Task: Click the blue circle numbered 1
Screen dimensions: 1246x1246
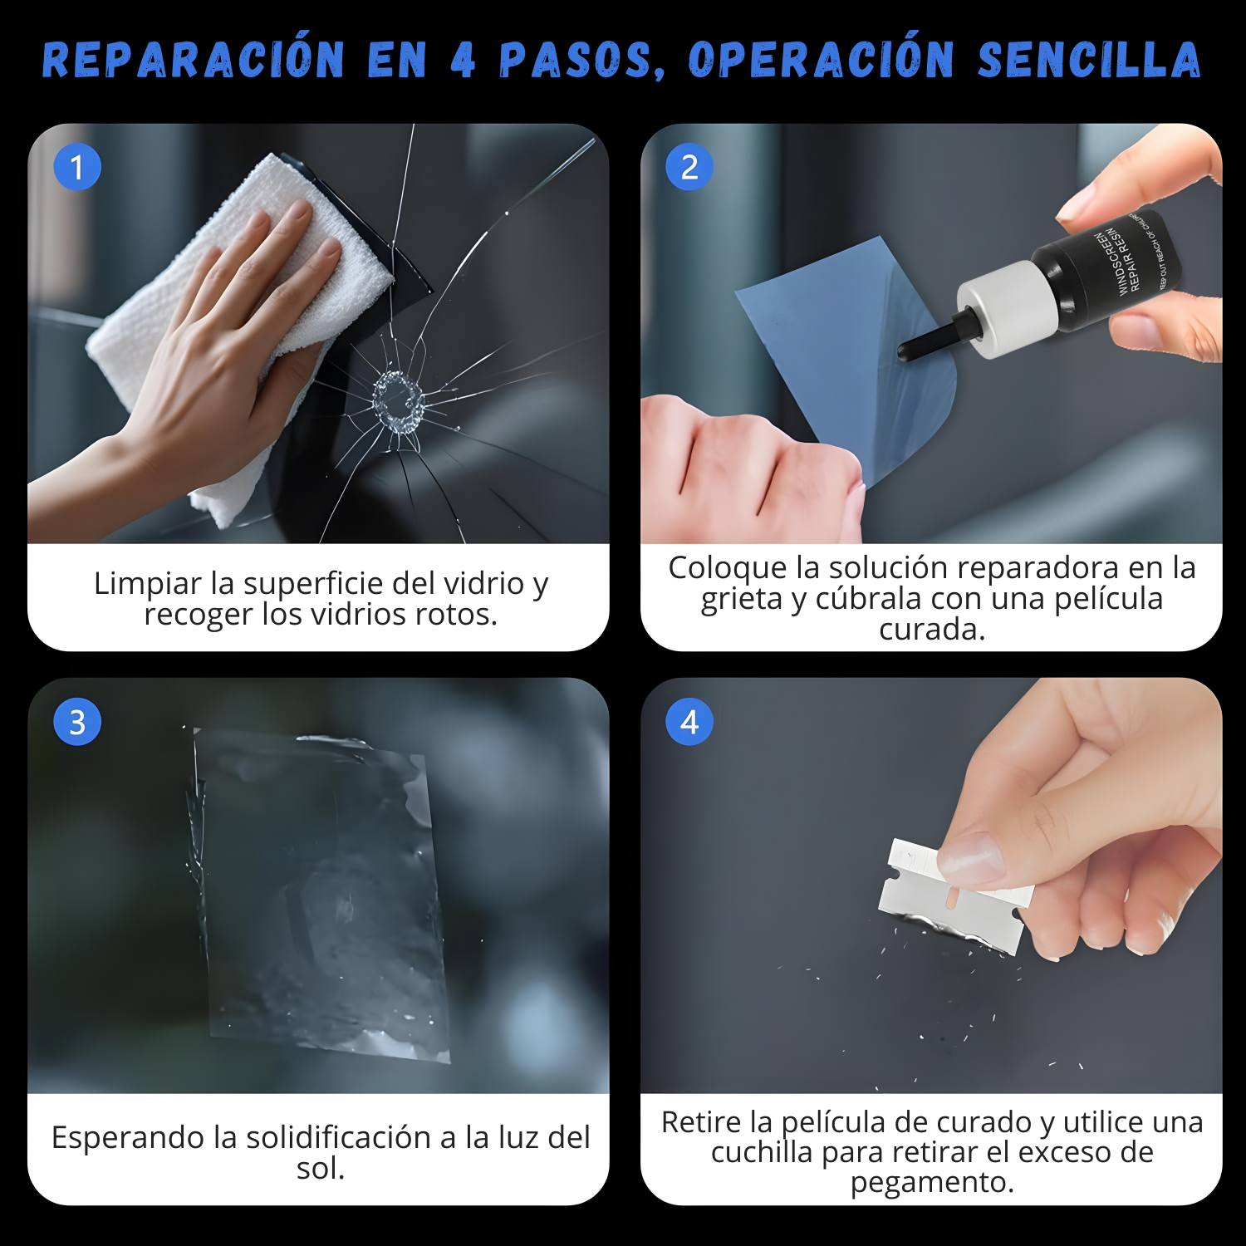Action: point(77,167)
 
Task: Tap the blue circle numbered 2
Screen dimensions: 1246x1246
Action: point(689,167)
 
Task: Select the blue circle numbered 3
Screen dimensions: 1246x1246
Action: point(77,722)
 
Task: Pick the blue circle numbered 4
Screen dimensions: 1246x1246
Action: point(689,722)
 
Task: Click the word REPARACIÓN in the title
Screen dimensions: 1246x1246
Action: point(193,60)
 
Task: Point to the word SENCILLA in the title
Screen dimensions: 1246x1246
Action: point(1089,60)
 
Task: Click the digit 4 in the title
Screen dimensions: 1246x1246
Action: point(463,60)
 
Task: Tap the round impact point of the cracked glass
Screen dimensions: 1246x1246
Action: point(398,402)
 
